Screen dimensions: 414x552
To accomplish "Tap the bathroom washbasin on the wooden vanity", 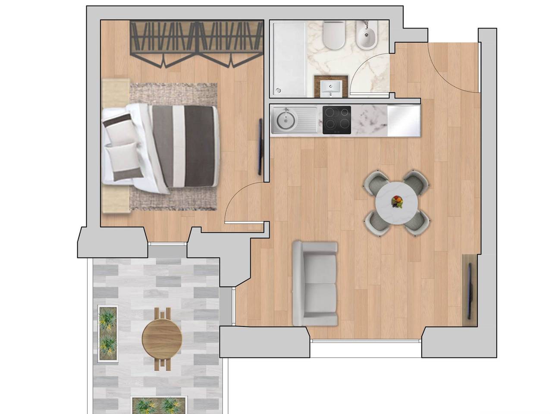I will point(331,88).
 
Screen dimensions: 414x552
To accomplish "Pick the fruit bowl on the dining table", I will point(397,201).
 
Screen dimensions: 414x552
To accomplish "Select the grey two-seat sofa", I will point(315,283).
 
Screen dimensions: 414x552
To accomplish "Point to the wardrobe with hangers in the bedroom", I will point(197,43).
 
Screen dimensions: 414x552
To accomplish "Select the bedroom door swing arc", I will point(241,203).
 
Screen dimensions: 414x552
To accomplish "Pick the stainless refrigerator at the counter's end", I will point(404,120).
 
